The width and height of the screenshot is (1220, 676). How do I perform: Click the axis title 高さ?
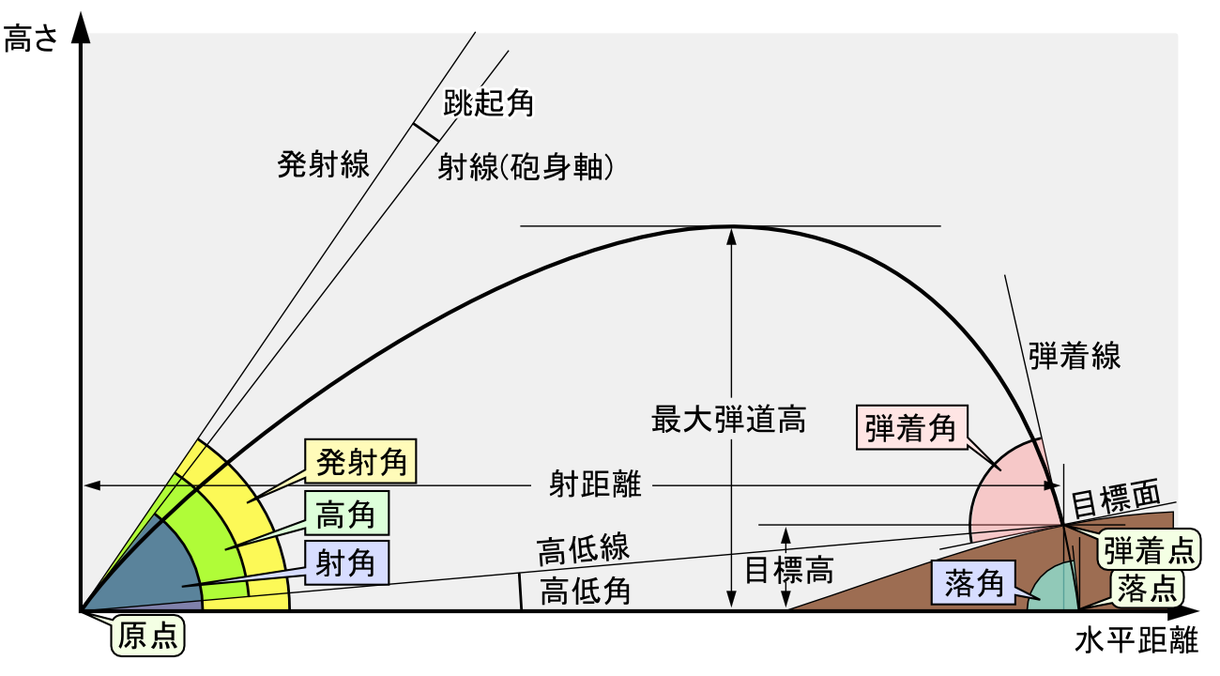[31, 39]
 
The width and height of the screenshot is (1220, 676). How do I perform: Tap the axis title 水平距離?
[1136, 642]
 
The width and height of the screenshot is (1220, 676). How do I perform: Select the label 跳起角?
[489, 101]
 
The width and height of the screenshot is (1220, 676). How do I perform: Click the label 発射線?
[323, 164]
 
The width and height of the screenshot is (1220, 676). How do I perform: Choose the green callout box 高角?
[346, 514]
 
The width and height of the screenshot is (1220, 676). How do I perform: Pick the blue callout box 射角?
[346, 563]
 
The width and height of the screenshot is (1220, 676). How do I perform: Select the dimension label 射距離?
[595, 484]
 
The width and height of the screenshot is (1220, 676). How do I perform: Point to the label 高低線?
[583, 548]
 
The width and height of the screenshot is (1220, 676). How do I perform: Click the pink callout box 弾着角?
[910, 428]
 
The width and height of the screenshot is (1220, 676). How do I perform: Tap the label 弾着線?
[1074, 357]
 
